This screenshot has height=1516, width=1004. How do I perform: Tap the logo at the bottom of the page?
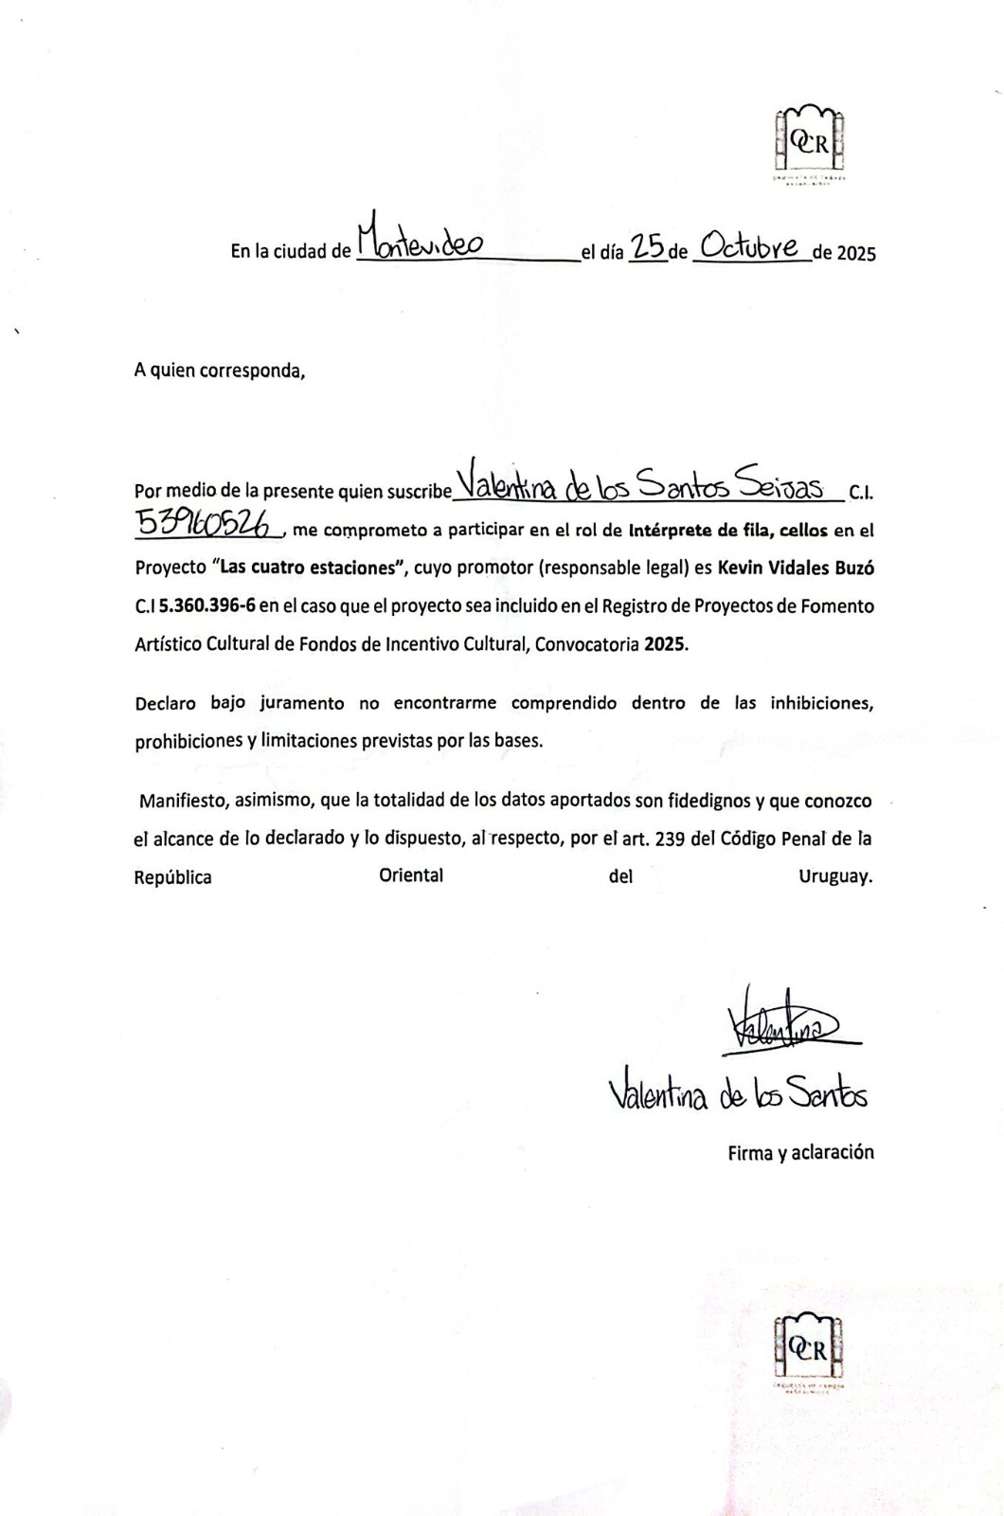pos(808,1350)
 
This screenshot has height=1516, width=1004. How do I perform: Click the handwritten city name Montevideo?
pos(421,241)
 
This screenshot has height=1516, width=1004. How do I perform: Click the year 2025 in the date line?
pos(856,253)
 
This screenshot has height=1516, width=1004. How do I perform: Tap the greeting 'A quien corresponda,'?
pos(220,370)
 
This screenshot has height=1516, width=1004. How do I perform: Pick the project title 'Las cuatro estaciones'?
pos(307,568)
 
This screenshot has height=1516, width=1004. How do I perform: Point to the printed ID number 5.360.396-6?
pos(207,605)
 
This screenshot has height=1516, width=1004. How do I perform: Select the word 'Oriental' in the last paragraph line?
pos(411,875)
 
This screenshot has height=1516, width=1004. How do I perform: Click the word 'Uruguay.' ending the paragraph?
pos(834,877)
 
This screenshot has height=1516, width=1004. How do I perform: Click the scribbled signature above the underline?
pos(782,1024)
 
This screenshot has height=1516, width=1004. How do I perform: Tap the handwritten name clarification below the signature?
pos(739,1095)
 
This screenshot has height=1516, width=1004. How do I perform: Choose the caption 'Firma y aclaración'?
pos(800,1153)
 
